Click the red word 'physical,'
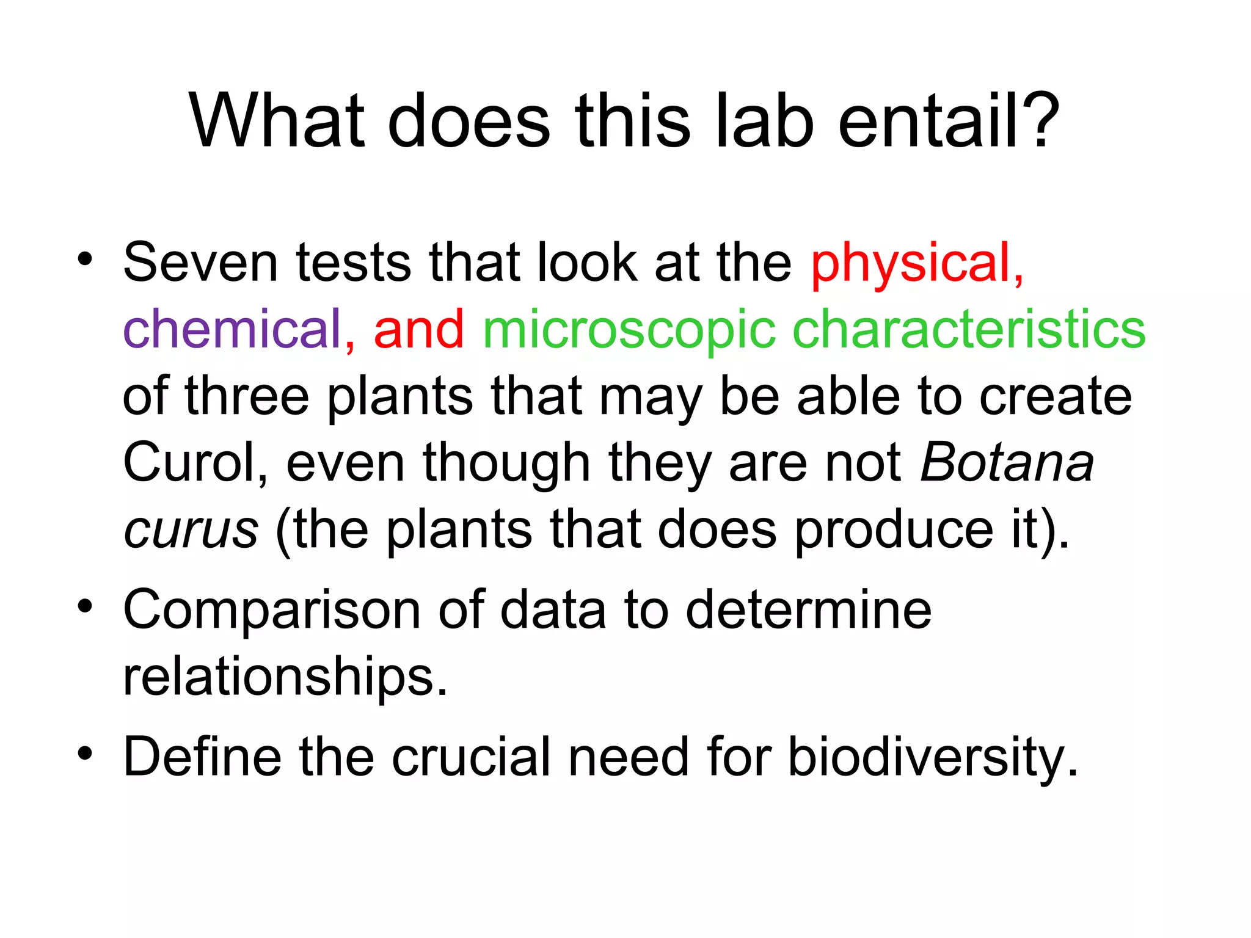(x=917, y=264)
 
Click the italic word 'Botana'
(x=1007, y=462)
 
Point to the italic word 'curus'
(x=191, y=529)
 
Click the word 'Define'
(x=202, y=757)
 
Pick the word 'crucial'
(x=471, y=757)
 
